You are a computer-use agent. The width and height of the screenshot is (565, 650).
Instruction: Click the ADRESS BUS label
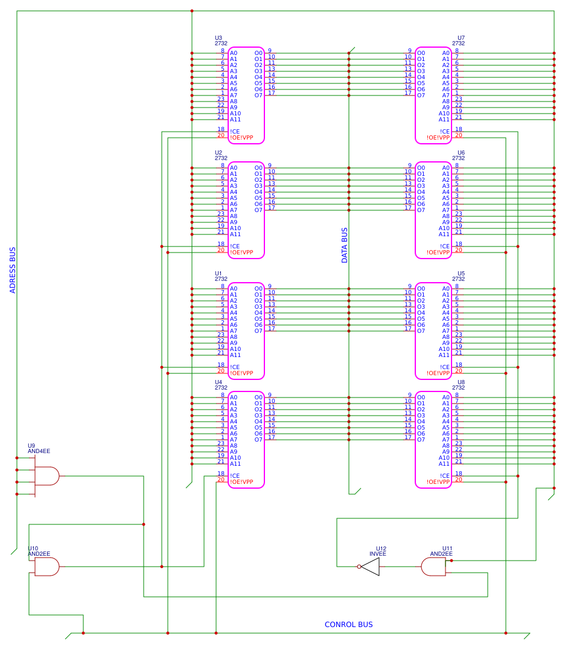(13, 270)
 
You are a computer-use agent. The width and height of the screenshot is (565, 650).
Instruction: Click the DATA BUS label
(345, 245)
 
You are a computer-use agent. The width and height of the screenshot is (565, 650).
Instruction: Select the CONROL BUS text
(348, 625)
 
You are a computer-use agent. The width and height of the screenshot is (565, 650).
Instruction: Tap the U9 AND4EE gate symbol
(46, 476)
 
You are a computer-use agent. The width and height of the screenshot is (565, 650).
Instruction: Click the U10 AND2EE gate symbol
(46, 567)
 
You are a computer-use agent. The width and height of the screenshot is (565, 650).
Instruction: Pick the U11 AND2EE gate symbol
(433, 567)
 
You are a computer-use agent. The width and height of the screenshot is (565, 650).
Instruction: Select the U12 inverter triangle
(371, 567)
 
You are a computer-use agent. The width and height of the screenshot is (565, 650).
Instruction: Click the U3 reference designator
(219, 38)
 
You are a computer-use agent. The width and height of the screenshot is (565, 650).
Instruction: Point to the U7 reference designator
(461, 38)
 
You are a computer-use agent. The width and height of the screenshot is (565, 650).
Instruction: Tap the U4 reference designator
(219, 382)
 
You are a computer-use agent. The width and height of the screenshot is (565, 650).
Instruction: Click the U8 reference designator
(461, 382)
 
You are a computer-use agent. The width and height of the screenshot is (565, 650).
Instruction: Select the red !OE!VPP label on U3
(241, 138)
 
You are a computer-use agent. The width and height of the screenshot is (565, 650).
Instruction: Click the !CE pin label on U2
(235, 246)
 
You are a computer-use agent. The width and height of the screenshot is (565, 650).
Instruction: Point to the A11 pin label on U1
(235, 355)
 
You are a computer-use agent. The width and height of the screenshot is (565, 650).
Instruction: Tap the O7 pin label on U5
(421, 331)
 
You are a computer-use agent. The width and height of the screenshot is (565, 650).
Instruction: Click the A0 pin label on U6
(446, 168)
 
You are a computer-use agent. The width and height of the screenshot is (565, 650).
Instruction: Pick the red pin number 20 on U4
(221, 480)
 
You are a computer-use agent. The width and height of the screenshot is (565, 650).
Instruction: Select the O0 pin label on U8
(421, 397)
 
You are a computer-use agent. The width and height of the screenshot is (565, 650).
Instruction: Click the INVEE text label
(378, 553)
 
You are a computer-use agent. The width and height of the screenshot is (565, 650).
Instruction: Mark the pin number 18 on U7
(459, 129)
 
